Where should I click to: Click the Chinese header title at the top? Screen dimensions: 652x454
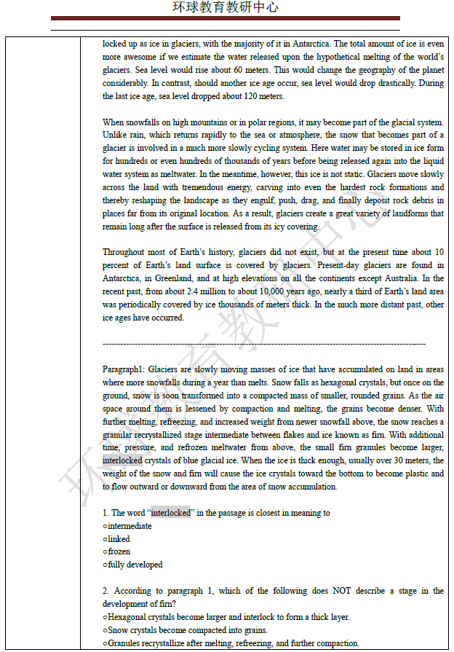(225, 8)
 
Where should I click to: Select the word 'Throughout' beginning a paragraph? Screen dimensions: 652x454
(124, 252)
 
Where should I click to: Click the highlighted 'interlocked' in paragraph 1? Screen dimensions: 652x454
(122, 461)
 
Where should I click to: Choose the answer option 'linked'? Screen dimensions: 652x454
(119, 539)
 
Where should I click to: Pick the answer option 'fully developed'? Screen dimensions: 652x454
(135, 565)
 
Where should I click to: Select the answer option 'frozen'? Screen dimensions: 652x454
(119, 551)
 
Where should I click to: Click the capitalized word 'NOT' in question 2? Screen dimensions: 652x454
(342, 591)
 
